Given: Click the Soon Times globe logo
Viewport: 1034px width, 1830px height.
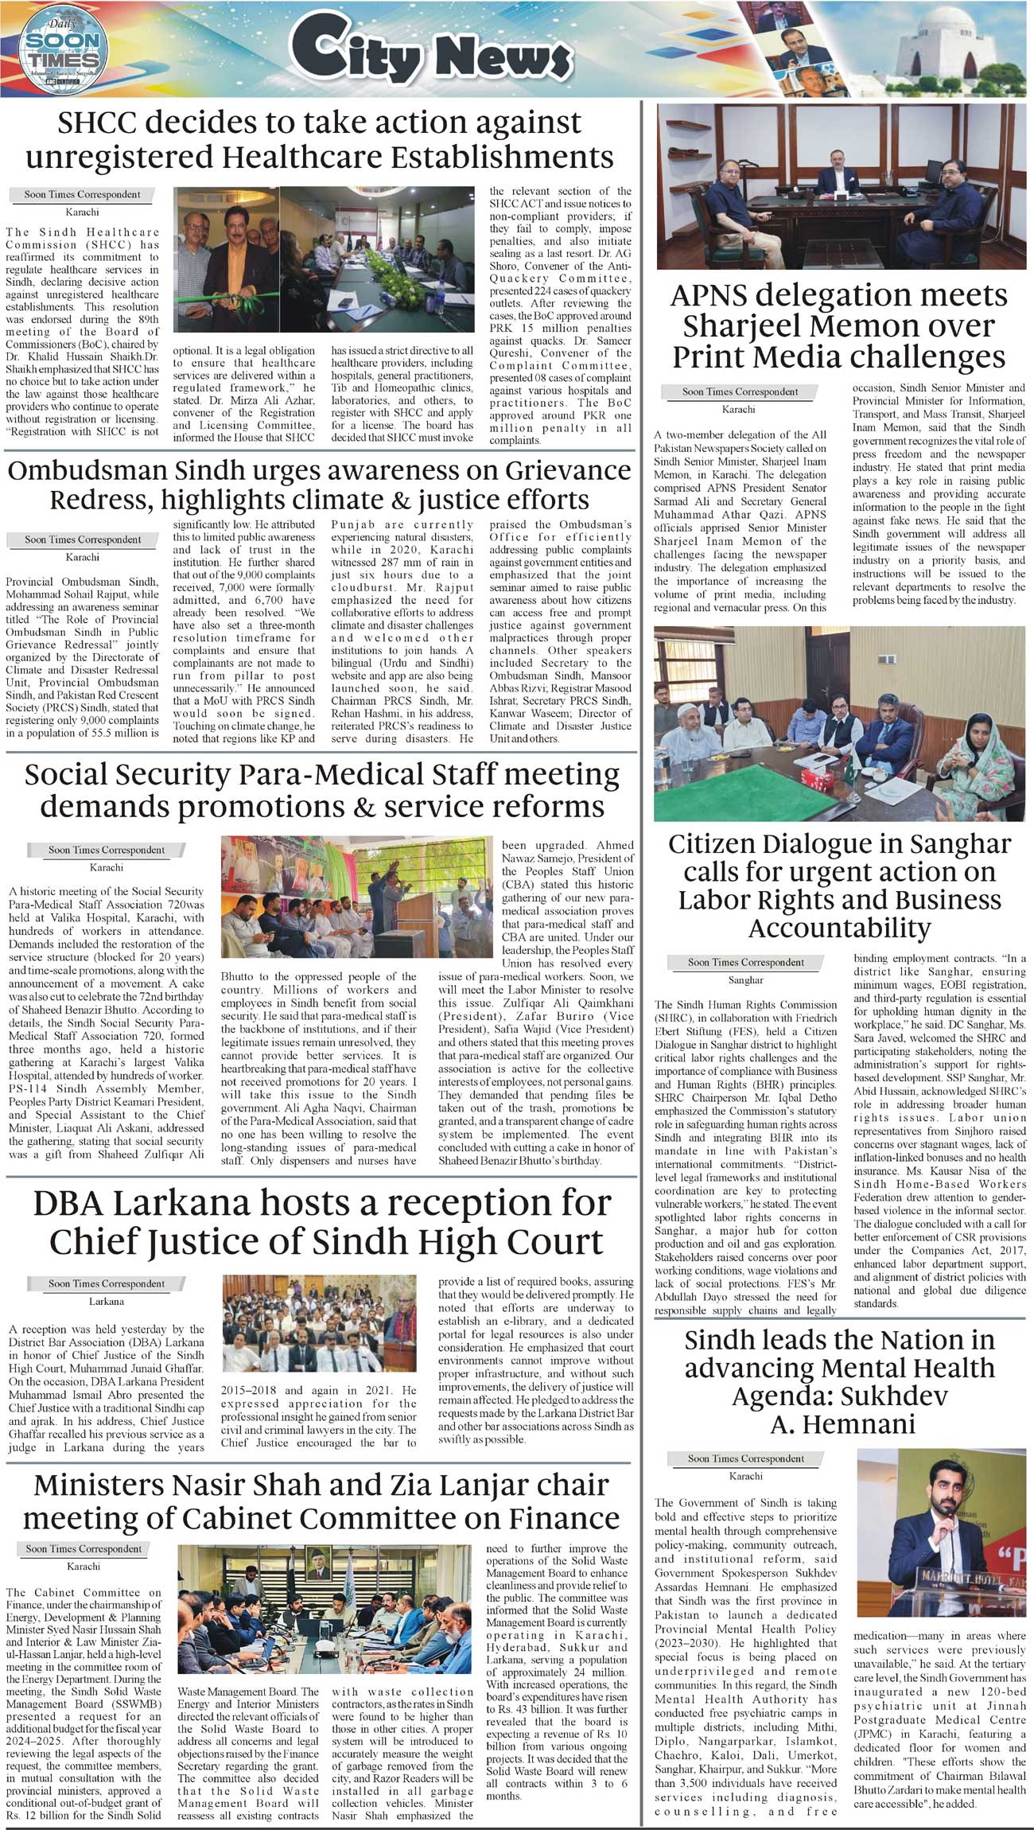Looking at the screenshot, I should point(60,50).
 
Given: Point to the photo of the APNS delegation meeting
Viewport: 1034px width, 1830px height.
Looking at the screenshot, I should point(841,186).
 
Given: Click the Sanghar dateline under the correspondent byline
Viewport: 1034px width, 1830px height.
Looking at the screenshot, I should point(745,980).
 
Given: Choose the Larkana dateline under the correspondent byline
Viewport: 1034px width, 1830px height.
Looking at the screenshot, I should point(107,1302).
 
